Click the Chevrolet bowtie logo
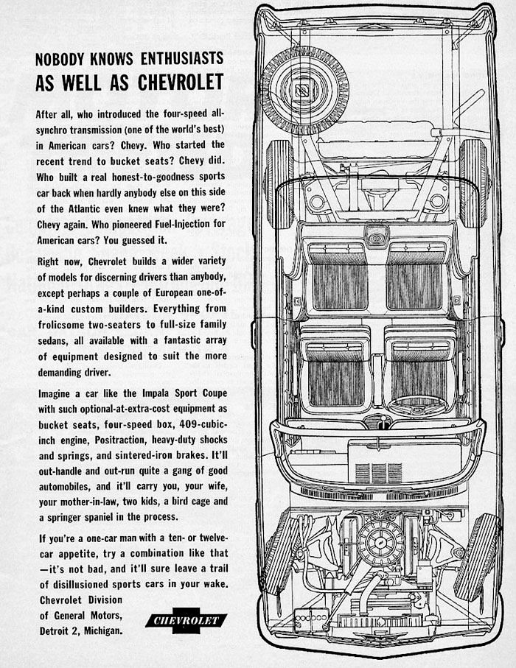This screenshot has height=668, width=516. click(x=186, y=620)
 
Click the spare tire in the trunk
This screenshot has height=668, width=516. click(x=304, y=91)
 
